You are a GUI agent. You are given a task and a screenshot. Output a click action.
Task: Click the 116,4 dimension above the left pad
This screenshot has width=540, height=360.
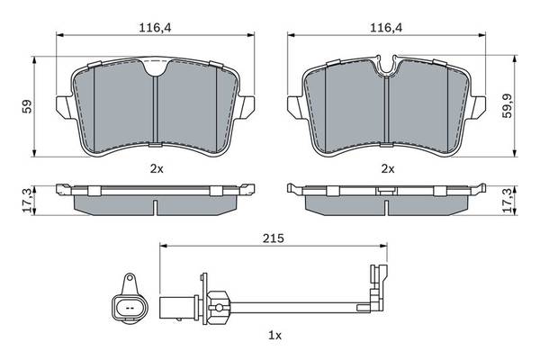(155, 28)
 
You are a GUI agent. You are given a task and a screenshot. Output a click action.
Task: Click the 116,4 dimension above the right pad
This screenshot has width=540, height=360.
(386, 28)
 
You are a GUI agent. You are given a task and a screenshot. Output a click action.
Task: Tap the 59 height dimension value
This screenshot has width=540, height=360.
(27, 107)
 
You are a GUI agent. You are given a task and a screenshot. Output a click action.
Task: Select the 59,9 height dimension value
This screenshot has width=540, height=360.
(507, 106)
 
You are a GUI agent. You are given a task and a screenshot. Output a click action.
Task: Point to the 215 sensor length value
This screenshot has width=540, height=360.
(274, 238)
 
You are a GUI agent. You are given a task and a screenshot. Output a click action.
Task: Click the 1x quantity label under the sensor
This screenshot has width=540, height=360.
(274, 335)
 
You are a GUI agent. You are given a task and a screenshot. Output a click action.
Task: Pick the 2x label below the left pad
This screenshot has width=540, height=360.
(157, 169)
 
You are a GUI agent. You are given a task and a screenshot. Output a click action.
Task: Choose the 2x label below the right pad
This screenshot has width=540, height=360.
(388, 169)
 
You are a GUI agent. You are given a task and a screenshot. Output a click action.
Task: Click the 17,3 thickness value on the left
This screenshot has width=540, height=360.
(29, 200)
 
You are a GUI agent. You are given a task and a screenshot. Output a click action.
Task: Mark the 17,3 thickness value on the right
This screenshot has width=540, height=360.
(507, 200)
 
